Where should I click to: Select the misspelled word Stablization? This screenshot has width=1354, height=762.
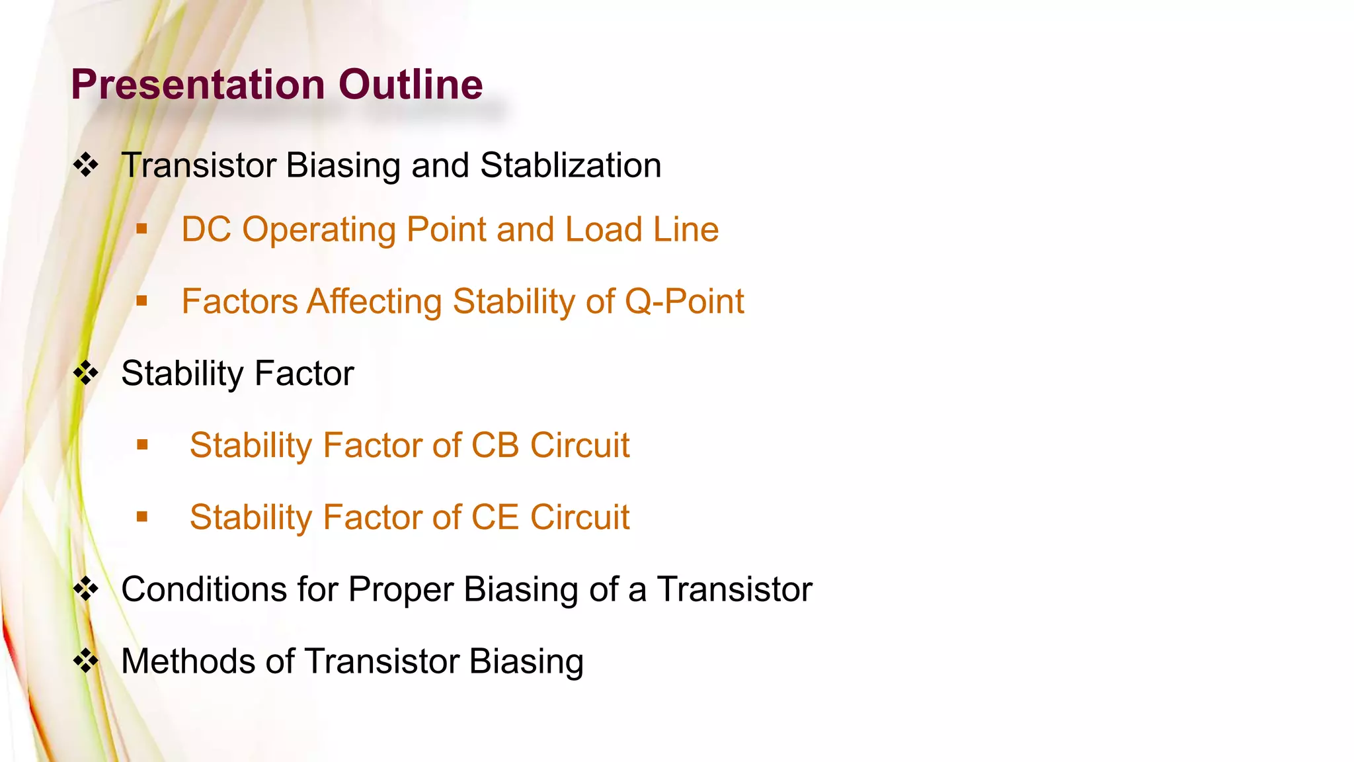pos(571,165)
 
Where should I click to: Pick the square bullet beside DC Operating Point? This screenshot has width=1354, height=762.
pos(141,229)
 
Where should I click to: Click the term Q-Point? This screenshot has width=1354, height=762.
pos(684,302)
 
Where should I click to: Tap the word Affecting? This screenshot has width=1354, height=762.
pos(374,302)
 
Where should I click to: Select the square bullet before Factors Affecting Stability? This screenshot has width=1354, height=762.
pos(141,301)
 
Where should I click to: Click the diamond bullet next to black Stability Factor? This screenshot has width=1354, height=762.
pos(86,373)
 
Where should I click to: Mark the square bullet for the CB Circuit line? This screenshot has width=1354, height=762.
pos(142,444)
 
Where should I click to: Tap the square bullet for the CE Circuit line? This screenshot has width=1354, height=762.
pos(142,517)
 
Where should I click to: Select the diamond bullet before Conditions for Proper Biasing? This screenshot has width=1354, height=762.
pos(86,589)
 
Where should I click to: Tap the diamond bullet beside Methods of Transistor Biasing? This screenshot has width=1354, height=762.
pos(86,661)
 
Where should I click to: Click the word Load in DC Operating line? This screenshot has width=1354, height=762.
pos(604,230)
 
